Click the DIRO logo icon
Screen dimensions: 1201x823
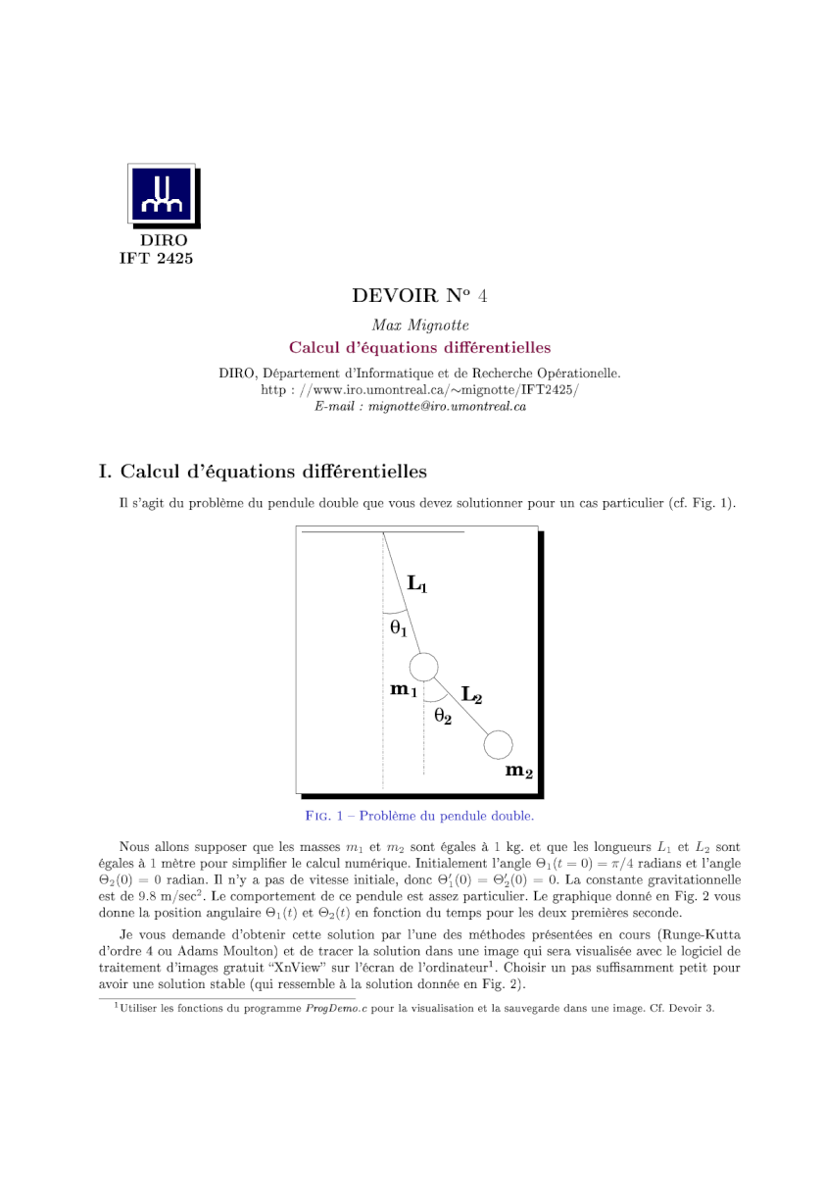[x=163, y=195]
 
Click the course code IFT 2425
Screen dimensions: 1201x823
[x=156, y=259]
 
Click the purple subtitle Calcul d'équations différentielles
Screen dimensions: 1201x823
[x=419, y=347]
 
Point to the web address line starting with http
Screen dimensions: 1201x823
[x=419, y=390]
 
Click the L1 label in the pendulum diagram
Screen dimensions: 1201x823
[x=416, y=586]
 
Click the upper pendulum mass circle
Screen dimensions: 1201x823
[x=423, y=668]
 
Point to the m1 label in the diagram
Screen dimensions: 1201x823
[x=404, y=690]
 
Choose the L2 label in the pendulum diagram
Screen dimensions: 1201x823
[x=471, y=696]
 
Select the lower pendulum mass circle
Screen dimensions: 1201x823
[x=498, y=745]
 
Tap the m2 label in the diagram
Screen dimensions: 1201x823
[x=518, y=771]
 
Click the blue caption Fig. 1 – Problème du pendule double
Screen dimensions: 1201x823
[x=419, y=816]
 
